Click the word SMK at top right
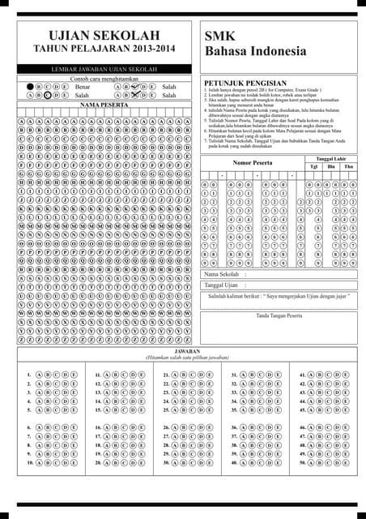(218, 36)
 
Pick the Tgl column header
(313, 166)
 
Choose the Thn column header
(348, 166)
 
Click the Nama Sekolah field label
(221, 276)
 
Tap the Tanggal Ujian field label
(221, 285)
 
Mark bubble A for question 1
(38, 375)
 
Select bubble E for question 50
(348, 462)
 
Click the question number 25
(166, 410)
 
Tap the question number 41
(303, 375)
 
